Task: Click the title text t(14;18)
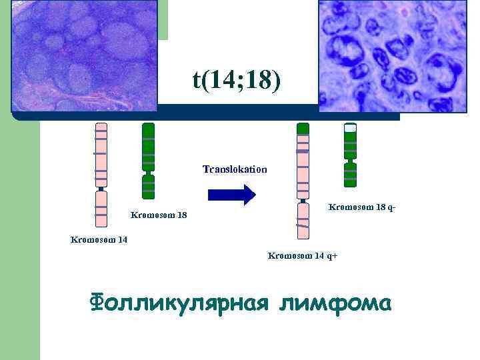coord(237,81)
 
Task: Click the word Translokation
coord(234,169)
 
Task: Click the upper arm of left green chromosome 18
coord(149,147)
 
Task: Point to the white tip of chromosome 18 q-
coord(350,127)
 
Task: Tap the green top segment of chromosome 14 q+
coord(303,128)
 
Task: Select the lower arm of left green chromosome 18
coord(149,186)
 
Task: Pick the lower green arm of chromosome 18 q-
coord(350,175)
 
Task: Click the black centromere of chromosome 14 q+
coord(303,200)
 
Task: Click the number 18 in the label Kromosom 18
coord(181,215)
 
